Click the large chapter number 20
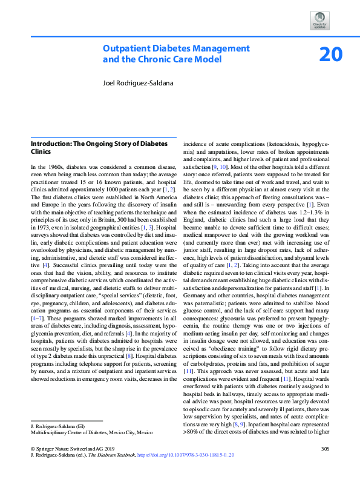331,55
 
